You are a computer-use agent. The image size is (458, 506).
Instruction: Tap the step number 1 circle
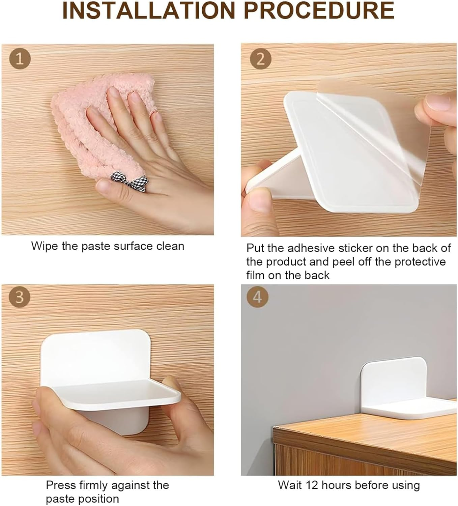[x=20, y=59]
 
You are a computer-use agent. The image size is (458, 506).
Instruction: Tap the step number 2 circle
[x=260, y=59]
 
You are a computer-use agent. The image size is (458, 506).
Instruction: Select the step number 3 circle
[x=20, y=297]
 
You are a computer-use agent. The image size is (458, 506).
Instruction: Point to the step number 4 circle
[x=257, y=297]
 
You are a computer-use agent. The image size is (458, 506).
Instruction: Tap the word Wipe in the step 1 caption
[x=45, y=246]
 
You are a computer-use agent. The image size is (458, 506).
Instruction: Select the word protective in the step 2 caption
[x=420, y=262]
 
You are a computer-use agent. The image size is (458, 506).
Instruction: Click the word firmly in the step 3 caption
[x=91, y=485]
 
